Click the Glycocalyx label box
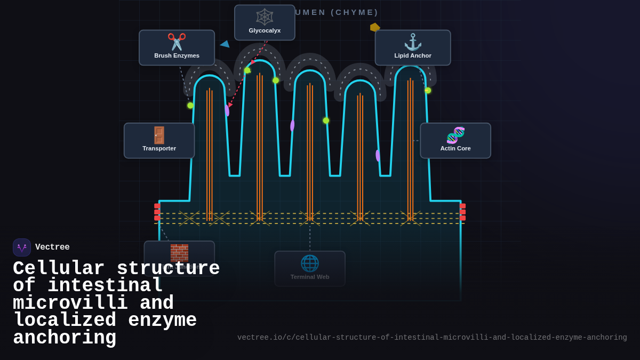pos(265,22)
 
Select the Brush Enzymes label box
pos(177,47)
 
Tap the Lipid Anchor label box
pos(413,47)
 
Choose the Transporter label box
pos(159,141)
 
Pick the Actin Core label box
pos(455,141)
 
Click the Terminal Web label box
pos(310,269)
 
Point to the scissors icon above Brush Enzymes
pos(177,42)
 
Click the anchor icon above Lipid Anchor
pos(413,42)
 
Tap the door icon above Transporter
pos(159,135)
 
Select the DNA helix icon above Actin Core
pos(455,135)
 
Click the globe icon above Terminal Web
pos(310,263)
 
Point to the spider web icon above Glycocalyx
pos(265,17)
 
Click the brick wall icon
pos(179,252)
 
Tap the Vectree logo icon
pos(22,247)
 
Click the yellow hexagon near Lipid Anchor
pos(375,27)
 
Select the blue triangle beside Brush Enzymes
pos(225,44)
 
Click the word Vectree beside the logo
pos(52,247)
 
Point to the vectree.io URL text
pos(432,338)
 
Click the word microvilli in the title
pos(70,303)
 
